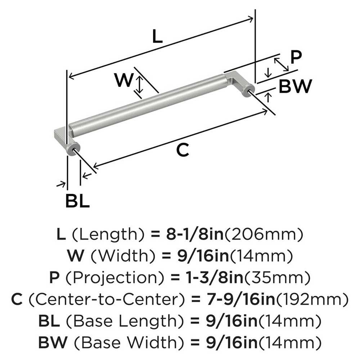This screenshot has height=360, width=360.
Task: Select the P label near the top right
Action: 296,57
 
